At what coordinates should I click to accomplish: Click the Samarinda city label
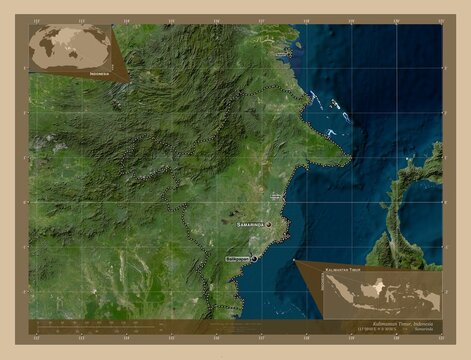pyautogui.click(x=251, y=225)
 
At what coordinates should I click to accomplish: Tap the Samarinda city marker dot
pyautogui.click(x=268, y=225)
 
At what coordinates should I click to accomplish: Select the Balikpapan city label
pyautogui.click(x=235, y=258)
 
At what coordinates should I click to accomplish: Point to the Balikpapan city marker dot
pyautogui.click(x=254, y=258)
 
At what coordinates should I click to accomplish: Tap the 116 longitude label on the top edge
pyautogui.click(x=215, y=20)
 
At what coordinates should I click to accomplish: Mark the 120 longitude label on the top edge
pyautogui.click(x=396, y=20)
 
